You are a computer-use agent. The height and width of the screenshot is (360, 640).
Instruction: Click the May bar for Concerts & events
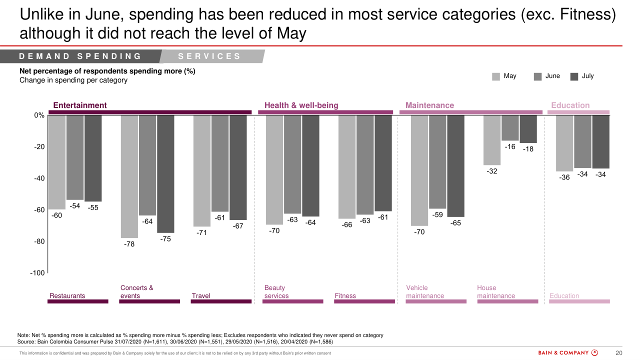point(129,176)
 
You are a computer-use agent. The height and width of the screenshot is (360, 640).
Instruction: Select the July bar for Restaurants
point(93,158)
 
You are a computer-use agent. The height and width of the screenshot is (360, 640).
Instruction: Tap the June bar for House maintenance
point(510,128)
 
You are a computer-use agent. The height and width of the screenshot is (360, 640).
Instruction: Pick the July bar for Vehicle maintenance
point(455,166)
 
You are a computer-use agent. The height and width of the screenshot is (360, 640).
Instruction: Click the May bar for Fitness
point(347,167)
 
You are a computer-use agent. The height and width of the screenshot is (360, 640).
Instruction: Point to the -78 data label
point(129,244)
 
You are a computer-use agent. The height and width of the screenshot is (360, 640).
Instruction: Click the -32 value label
point(492,171)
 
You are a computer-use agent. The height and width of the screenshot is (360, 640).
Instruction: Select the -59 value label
point(437,215)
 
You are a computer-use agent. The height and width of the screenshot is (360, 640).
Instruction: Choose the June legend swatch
point(538,76)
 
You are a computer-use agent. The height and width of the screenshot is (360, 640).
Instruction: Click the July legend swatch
point(574,76)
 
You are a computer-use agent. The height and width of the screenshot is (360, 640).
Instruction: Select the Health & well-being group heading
point(301,105)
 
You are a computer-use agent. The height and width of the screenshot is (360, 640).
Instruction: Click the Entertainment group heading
point(80,105)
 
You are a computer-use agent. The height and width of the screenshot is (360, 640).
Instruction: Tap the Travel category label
point(201,296)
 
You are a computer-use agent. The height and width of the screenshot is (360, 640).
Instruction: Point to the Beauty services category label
point(276,292)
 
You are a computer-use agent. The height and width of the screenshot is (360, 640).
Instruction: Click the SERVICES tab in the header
point(209,56)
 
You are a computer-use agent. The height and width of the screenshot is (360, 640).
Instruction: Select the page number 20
point(618,353)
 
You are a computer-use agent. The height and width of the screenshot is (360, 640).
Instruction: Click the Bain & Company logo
point(568,353)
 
